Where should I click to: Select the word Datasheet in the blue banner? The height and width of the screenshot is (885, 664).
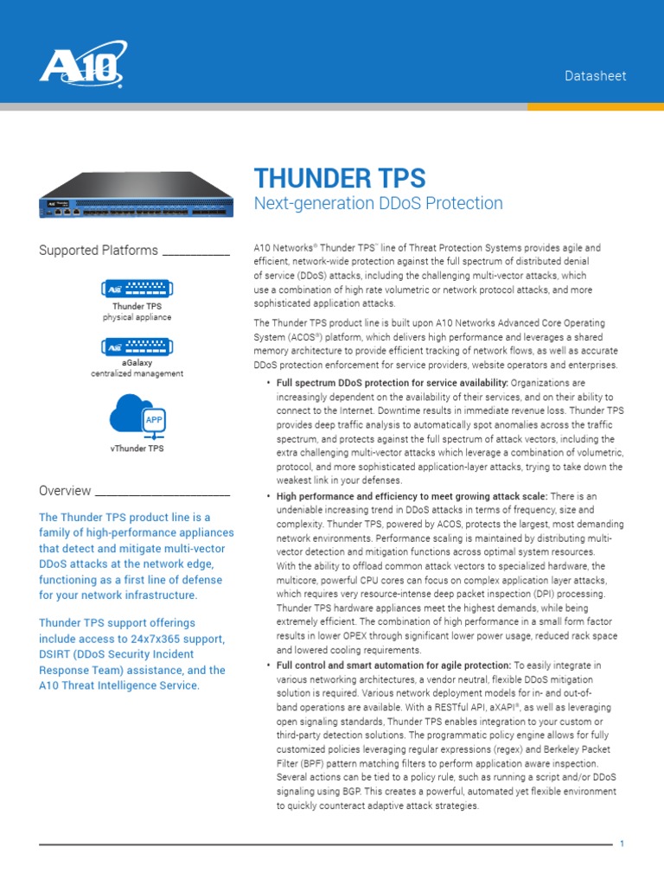click(x=595, y=76)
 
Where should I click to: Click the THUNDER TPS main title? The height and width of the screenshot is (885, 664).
click(x=339, y=178)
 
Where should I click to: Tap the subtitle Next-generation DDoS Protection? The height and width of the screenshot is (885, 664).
click(x=378, y=204)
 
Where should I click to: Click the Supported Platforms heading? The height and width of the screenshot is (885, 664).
click(x=99, y=251)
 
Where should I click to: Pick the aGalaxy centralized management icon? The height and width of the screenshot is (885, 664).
click(x=136, y=347)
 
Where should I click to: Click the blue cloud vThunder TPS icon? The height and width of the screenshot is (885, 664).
click(x=136, y=414)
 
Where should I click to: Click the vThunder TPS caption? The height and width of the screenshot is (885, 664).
click(x=137, y=449)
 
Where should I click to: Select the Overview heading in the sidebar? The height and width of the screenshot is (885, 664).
click(x=65, y=491)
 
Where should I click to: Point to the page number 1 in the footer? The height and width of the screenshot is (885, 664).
click(x=621, y=844)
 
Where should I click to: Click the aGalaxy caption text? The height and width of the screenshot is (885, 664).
click(x=137, y=363)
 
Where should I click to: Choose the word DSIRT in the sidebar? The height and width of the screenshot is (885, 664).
click(x=57, y=654)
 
